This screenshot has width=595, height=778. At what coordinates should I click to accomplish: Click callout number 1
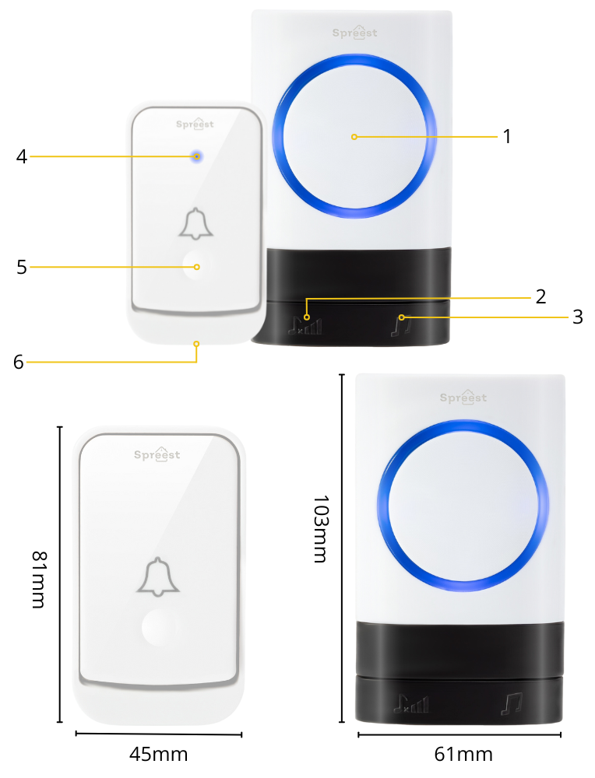tap(506, 136)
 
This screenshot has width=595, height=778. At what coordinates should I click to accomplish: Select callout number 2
tap(540, 296)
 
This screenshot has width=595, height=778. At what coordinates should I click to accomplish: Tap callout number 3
tap(577, 317)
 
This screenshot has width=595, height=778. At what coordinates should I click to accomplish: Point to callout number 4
tap(21, 157)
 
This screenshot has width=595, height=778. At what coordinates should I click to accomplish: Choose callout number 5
tap(21, 267)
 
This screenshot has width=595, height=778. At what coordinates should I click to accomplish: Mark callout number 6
tap(19, 363)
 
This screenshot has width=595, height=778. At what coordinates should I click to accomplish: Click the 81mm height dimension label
tap(39, 579)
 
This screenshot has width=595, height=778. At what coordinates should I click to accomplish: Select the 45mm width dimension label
tap(158, 754)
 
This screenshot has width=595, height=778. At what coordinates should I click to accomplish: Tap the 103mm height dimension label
tap(321, 528)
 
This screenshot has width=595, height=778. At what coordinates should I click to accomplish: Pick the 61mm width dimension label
tap(463, 754)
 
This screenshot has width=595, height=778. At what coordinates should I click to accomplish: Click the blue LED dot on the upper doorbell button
tap(197, 157)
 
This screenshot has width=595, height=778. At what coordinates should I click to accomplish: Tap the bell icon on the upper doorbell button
tap(196, 224)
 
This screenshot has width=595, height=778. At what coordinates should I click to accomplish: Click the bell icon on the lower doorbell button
tap(158, 576)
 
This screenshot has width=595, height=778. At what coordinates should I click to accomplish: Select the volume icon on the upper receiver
tap(305, 325)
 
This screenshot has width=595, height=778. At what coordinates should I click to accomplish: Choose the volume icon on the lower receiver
tap(411, 703)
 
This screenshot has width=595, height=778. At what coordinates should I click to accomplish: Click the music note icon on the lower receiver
tap(512, 704)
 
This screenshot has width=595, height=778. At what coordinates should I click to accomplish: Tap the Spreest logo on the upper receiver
tap(354, 32)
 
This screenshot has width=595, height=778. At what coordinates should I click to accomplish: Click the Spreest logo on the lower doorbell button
tap(157, 454)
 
